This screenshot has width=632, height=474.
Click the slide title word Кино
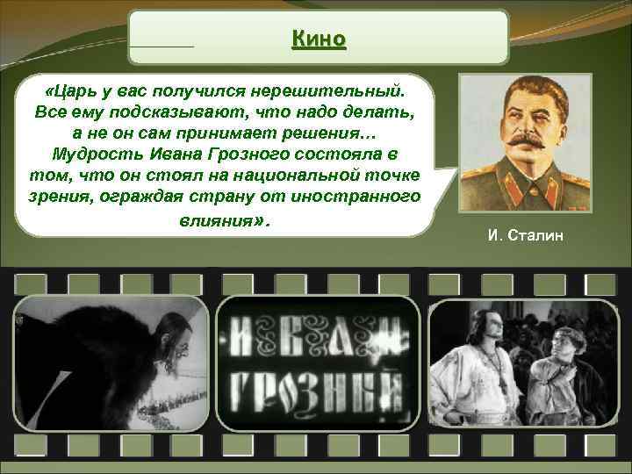click(319, 39)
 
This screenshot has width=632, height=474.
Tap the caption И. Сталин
click(525, 235)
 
